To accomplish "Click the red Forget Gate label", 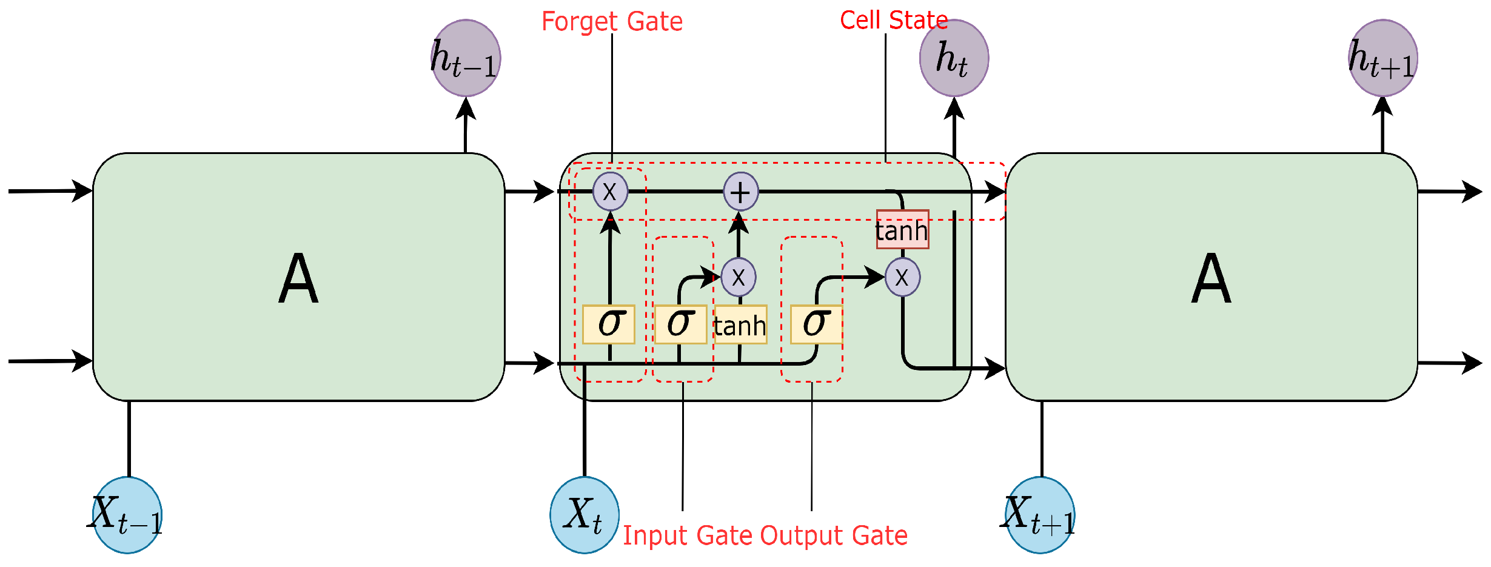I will pos(612,22).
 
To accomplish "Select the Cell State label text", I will pos(893,21).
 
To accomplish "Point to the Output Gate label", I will pos(834,536).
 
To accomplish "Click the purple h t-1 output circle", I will pos(466,58).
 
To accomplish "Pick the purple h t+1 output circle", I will pos(1382,58).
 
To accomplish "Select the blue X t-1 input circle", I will pos(127,515).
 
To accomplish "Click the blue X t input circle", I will pos(585,515).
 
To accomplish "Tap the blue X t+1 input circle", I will pos(1040,515).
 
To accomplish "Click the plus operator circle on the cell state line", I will pos(740,192).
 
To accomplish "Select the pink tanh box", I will pos(902,230).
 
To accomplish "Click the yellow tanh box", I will pos(740,325).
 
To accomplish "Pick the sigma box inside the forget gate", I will pos(609,324).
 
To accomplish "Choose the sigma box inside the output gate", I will pos(816,324).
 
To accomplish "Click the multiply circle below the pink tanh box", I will pos(902,277).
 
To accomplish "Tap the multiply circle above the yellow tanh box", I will pos(739,277).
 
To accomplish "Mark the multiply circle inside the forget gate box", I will pos(610,192).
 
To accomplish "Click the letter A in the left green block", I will pos(298,279).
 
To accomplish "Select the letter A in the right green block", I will pos(1211,279).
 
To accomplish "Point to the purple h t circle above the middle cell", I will pos(954,58).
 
